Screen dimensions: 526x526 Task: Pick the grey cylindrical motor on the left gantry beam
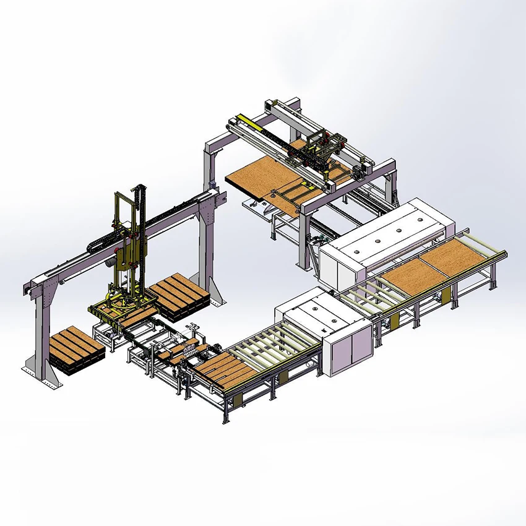110,261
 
